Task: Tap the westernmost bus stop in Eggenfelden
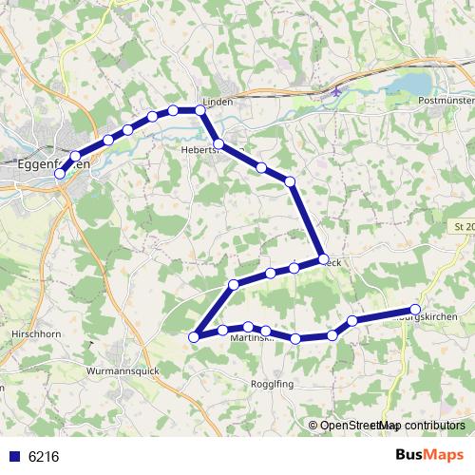click(x=60, y=174)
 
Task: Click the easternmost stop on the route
click(x=415, y=308)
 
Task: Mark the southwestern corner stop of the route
click(x=195, y=335)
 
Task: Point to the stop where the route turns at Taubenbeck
click(x=323, y=258)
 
